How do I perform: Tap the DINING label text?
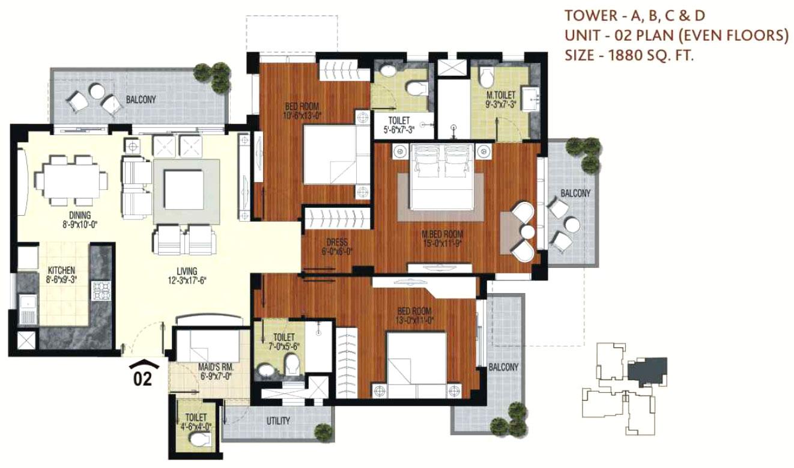[79, 215]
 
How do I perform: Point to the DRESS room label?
[333, 243]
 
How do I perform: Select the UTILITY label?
[277, 421]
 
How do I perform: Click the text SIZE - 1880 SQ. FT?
[629, 56]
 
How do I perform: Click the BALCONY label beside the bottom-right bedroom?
[503, 366]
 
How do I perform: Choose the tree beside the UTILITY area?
[323, 431]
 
